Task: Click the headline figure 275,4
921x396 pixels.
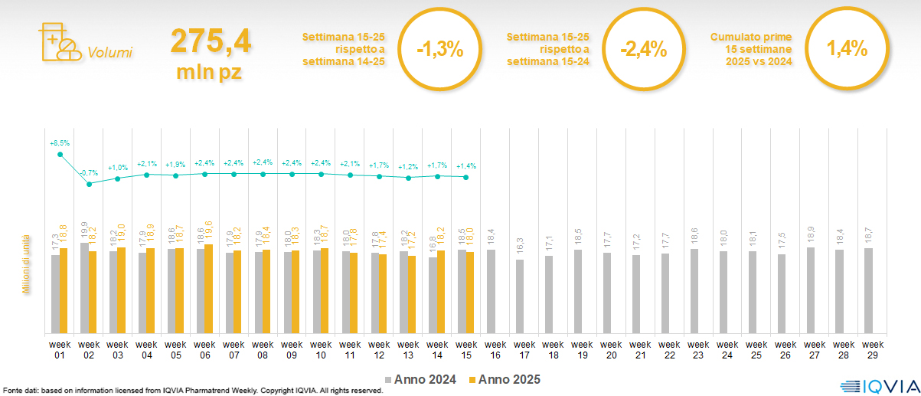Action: tap(211, 41)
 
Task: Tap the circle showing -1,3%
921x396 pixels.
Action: tap(439, 50)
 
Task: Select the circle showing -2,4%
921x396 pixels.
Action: tap(643, 50)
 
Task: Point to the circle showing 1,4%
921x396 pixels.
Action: tap(846, 50)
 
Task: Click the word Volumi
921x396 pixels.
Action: tap(110, 53)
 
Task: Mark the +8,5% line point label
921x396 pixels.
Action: tap(60, 142)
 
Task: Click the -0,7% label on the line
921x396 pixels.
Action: tap(89, 172)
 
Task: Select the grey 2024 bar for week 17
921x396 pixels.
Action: tap(520, 296)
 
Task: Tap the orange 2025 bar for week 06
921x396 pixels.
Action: tap(209, 288)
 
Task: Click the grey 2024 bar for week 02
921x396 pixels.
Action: tap(84, 287)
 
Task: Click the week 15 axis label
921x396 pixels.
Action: tap(466, 349)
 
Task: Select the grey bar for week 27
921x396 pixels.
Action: tap(810, 290)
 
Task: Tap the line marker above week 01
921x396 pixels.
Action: tap(60, 155)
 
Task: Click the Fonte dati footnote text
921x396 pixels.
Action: tap(191, 391)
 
